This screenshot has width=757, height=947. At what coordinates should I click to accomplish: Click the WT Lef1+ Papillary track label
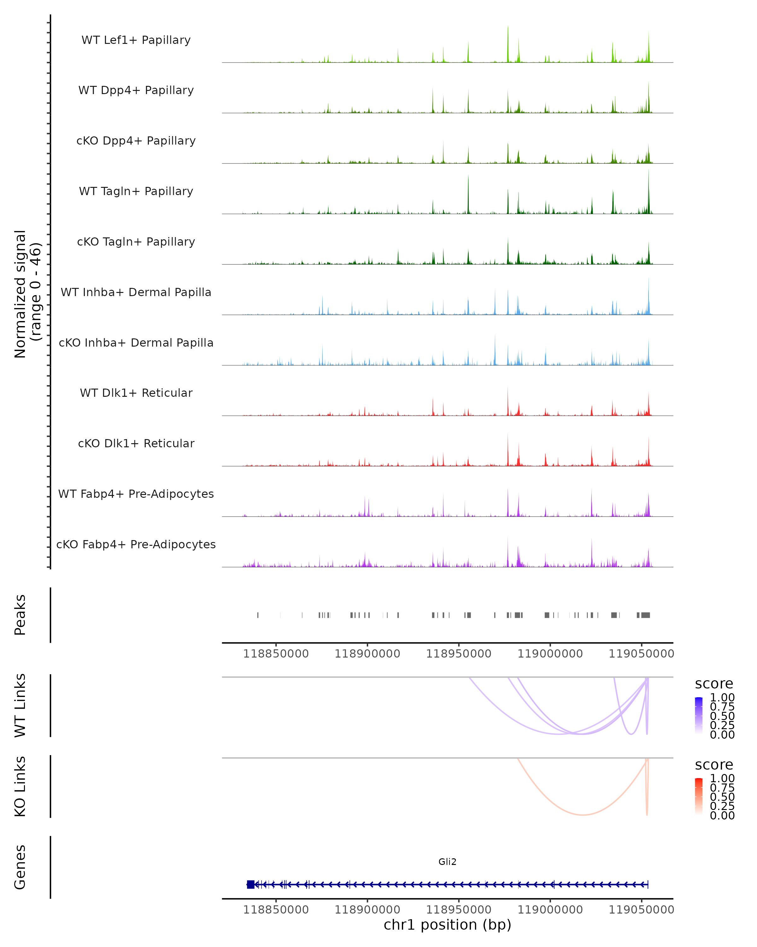point(136,40)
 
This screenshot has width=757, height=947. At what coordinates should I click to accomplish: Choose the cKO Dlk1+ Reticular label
point(136,443)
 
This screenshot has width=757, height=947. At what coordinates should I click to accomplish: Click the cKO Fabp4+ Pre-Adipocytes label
point(136,544)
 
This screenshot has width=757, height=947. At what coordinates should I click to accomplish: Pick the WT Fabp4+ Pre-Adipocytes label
point(136,494)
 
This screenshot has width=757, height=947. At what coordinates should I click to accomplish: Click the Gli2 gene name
point(447,862)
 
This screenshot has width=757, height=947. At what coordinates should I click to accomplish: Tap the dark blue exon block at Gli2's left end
point(250,884)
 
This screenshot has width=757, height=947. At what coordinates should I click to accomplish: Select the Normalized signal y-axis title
point(27,294)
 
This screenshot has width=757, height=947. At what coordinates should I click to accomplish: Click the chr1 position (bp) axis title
point(447,925)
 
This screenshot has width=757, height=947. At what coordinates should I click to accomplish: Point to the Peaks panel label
point(20,615)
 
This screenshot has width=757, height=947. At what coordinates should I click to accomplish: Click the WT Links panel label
point(20,706)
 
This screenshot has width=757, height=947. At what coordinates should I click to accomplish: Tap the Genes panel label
point(20,867)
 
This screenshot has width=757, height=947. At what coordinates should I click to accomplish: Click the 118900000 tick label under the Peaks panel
point(367,654)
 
